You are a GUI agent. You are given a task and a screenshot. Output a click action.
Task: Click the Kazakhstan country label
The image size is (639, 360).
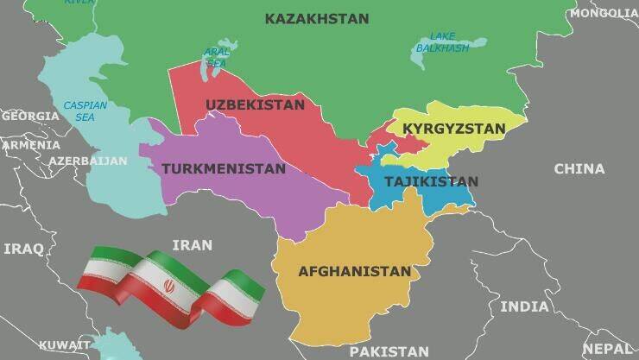tap(316, 18)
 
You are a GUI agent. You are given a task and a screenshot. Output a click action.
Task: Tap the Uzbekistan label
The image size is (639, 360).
tap(255, 105)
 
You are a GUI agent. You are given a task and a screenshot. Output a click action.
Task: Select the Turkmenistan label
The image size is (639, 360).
tap(222, 168)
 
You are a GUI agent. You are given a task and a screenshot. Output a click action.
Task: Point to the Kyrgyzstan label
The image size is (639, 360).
tap(453, 129)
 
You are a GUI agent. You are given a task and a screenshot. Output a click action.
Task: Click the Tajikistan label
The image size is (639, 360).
tap(430, 181)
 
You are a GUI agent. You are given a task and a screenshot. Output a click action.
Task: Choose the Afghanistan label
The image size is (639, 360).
tap(354, 271)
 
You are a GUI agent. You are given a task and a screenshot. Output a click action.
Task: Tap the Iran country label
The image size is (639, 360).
tap(192, 245)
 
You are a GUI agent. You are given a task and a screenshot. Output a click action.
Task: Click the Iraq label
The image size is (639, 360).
tap(23, 249)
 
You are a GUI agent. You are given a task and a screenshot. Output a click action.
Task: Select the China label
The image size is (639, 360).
tap(579, 169)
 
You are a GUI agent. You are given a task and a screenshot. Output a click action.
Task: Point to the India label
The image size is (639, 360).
tap(524, 306)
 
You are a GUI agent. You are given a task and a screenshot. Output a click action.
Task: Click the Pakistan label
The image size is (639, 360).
tap(389, 351)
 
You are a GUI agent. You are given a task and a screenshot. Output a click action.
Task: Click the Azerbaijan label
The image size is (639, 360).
tap(87, 161)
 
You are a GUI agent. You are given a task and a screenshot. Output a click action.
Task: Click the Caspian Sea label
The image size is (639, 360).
tap(85, 111)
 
